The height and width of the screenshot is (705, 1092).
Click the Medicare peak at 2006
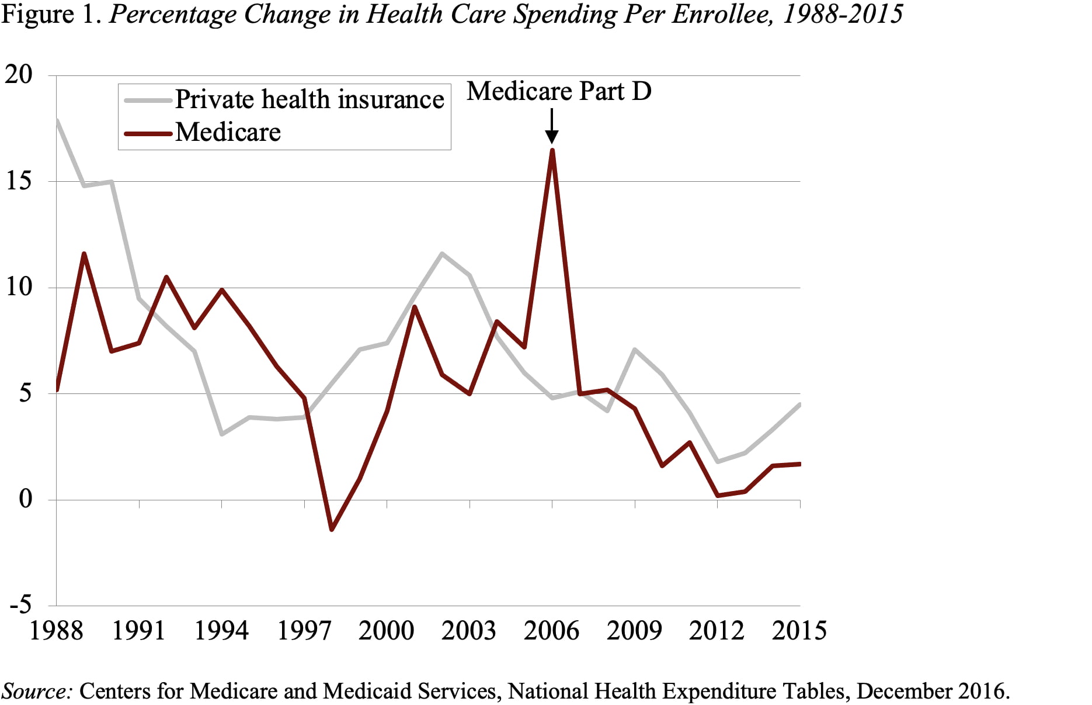552,151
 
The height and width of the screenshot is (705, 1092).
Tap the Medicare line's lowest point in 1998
332,529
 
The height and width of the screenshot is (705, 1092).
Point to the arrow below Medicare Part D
552,126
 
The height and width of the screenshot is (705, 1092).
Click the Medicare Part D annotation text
559,91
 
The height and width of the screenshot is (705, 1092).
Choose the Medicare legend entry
228,132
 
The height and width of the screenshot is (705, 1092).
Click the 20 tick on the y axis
19,74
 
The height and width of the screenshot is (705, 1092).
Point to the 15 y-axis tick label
19,181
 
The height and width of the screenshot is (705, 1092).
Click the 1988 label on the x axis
56,631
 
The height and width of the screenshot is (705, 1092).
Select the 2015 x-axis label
799,631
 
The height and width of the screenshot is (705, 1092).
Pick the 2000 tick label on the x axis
386,631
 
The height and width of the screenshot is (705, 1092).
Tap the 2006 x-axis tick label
551,631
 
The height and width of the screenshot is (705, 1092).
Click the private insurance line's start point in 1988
57,121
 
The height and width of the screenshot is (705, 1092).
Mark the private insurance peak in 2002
442,254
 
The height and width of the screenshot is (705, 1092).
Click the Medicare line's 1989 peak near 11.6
84,254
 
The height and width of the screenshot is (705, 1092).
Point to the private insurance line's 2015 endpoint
799,405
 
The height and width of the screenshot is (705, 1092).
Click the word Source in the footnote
36,691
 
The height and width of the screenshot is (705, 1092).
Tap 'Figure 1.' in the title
53,14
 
